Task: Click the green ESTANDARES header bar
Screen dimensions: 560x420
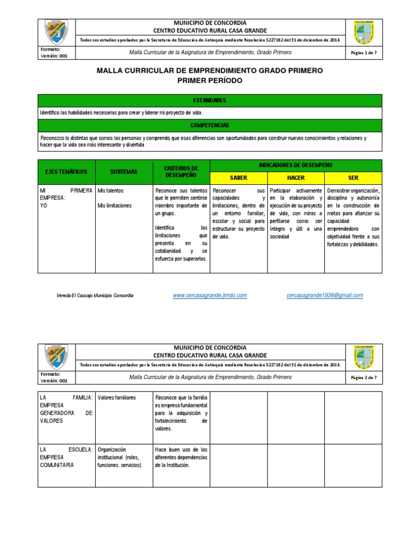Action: point(210,101)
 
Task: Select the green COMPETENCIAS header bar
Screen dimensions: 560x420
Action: point(210,125)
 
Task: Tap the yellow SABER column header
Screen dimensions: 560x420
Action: point(238,178)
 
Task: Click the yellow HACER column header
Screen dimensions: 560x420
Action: point(296,178)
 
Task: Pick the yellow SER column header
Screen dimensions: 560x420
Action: point(353,178)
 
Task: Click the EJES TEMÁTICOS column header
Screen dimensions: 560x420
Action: point(66,172)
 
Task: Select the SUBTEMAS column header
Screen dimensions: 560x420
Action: point(124,172)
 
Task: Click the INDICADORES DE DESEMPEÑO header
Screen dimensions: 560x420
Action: point(296,165)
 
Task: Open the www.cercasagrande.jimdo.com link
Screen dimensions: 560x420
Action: point(209,295)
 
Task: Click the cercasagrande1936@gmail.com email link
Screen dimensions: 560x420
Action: point(324,295)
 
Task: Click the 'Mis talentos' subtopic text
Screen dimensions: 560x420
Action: point(110,191)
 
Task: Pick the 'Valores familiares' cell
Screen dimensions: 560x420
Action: point(116,398)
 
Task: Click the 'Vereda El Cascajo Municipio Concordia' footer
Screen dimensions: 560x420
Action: point(95,295)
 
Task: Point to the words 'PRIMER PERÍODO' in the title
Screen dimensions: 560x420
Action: point(210,80)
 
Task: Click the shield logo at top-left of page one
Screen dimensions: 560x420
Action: point(56,32)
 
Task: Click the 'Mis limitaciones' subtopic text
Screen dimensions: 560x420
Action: point(114,206)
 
